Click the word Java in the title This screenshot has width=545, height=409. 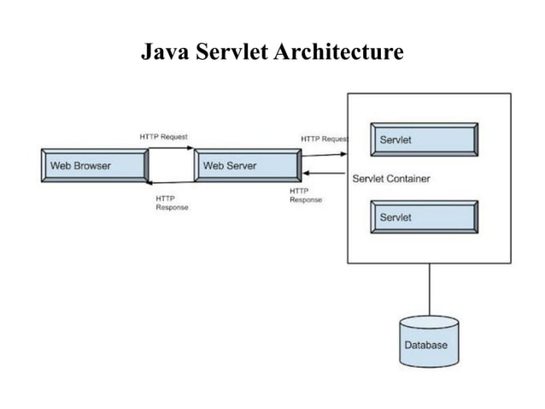tap(162, 53)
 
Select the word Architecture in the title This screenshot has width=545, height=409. tap(338, 53)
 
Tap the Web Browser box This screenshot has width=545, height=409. tap(94, 165)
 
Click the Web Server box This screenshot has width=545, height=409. tap(247, 165)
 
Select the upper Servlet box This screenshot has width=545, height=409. tap(424, 139)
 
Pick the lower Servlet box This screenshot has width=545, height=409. tap(424, 217)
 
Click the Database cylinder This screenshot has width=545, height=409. tap(429, 341)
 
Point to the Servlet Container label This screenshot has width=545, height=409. tap(391, 179)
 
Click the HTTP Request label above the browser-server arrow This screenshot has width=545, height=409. tap(164, 137)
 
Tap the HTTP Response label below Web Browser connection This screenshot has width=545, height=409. tap(172, 203)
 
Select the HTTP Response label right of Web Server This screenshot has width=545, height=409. tap(306, 195)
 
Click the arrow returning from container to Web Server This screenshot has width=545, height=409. tap(325, 175)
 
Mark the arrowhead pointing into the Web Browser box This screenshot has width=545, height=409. tap(149, 182)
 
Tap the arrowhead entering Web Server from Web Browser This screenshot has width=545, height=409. tap(190, 148)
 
